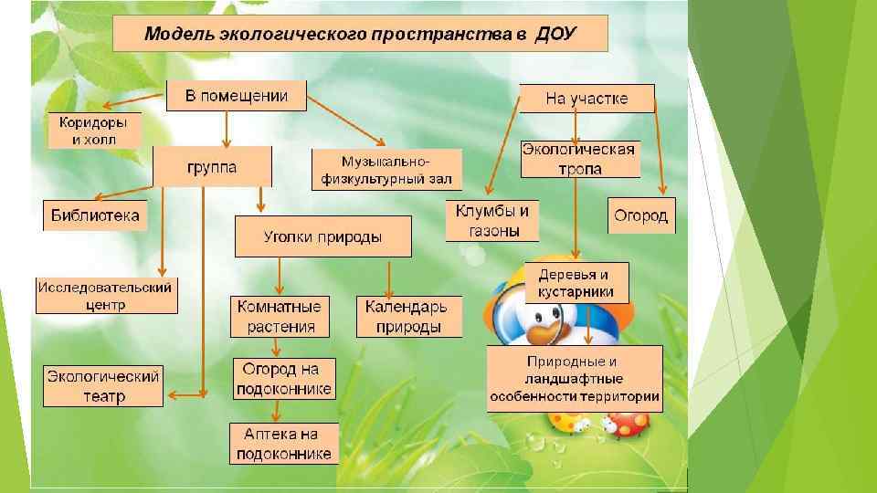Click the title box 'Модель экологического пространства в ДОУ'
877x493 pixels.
click(360, 35)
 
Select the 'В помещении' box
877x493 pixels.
click(237, 96)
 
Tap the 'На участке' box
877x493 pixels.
click(586, 99)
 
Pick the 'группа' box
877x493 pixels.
click(212, 168)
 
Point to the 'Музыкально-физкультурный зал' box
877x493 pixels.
click(386, 170)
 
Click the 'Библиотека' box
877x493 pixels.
click(95, 215)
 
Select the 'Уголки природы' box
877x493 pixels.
click(323, 236)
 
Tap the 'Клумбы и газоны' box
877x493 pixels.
click(492, 221)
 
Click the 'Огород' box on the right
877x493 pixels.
click(641, 215)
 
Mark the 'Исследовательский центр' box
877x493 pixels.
click(106, 296)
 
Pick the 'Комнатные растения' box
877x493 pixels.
click(279, 317)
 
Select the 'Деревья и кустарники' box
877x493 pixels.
click(576, 283)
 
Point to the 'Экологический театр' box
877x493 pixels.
click(103, 385)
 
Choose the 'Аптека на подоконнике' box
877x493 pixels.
click(283, 444)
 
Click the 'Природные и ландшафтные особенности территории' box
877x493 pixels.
click(575, 379)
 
